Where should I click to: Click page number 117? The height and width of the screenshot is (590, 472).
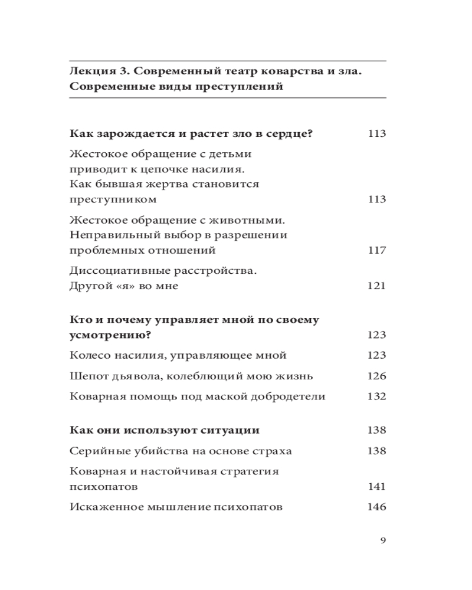(x=376, y=250)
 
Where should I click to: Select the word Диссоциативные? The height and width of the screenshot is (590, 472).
(x=117, y=271)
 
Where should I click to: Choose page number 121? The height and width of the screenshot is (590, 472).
(x=376, y=286)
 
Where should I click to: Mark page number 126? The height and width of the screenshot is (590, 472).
(x=376, y=376)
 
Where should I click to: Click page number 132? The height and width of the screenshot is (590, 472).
(x=376, y=396)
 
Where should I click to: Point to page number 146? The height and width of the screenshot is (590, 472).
(x=376, y=507)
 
